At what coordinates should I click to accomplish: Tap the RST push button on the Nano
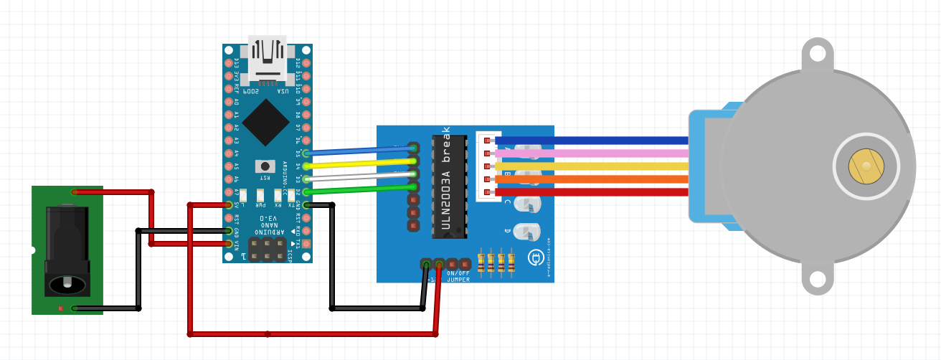(265, 166)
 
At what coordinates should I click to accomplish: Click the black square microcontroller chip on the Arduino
(266, 122)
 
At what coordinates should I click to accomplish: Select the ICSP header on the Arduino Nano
(267, 249)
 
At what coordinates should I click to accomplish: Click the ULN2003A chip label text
(446, 180)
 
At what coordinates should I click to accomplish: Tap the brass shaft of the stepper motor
(866, 166)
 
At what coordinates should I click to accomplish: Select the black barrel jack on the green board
(67, 251)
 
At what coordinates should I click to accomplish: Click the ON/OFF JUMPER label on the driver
(458, 277)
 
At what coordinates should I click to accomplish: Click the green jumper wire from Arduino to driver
(359, 189)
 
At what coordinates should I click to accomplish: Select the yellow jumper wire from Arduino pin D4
(359, 164)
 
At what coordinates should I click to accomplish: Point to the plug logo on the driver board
(534, 257)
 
